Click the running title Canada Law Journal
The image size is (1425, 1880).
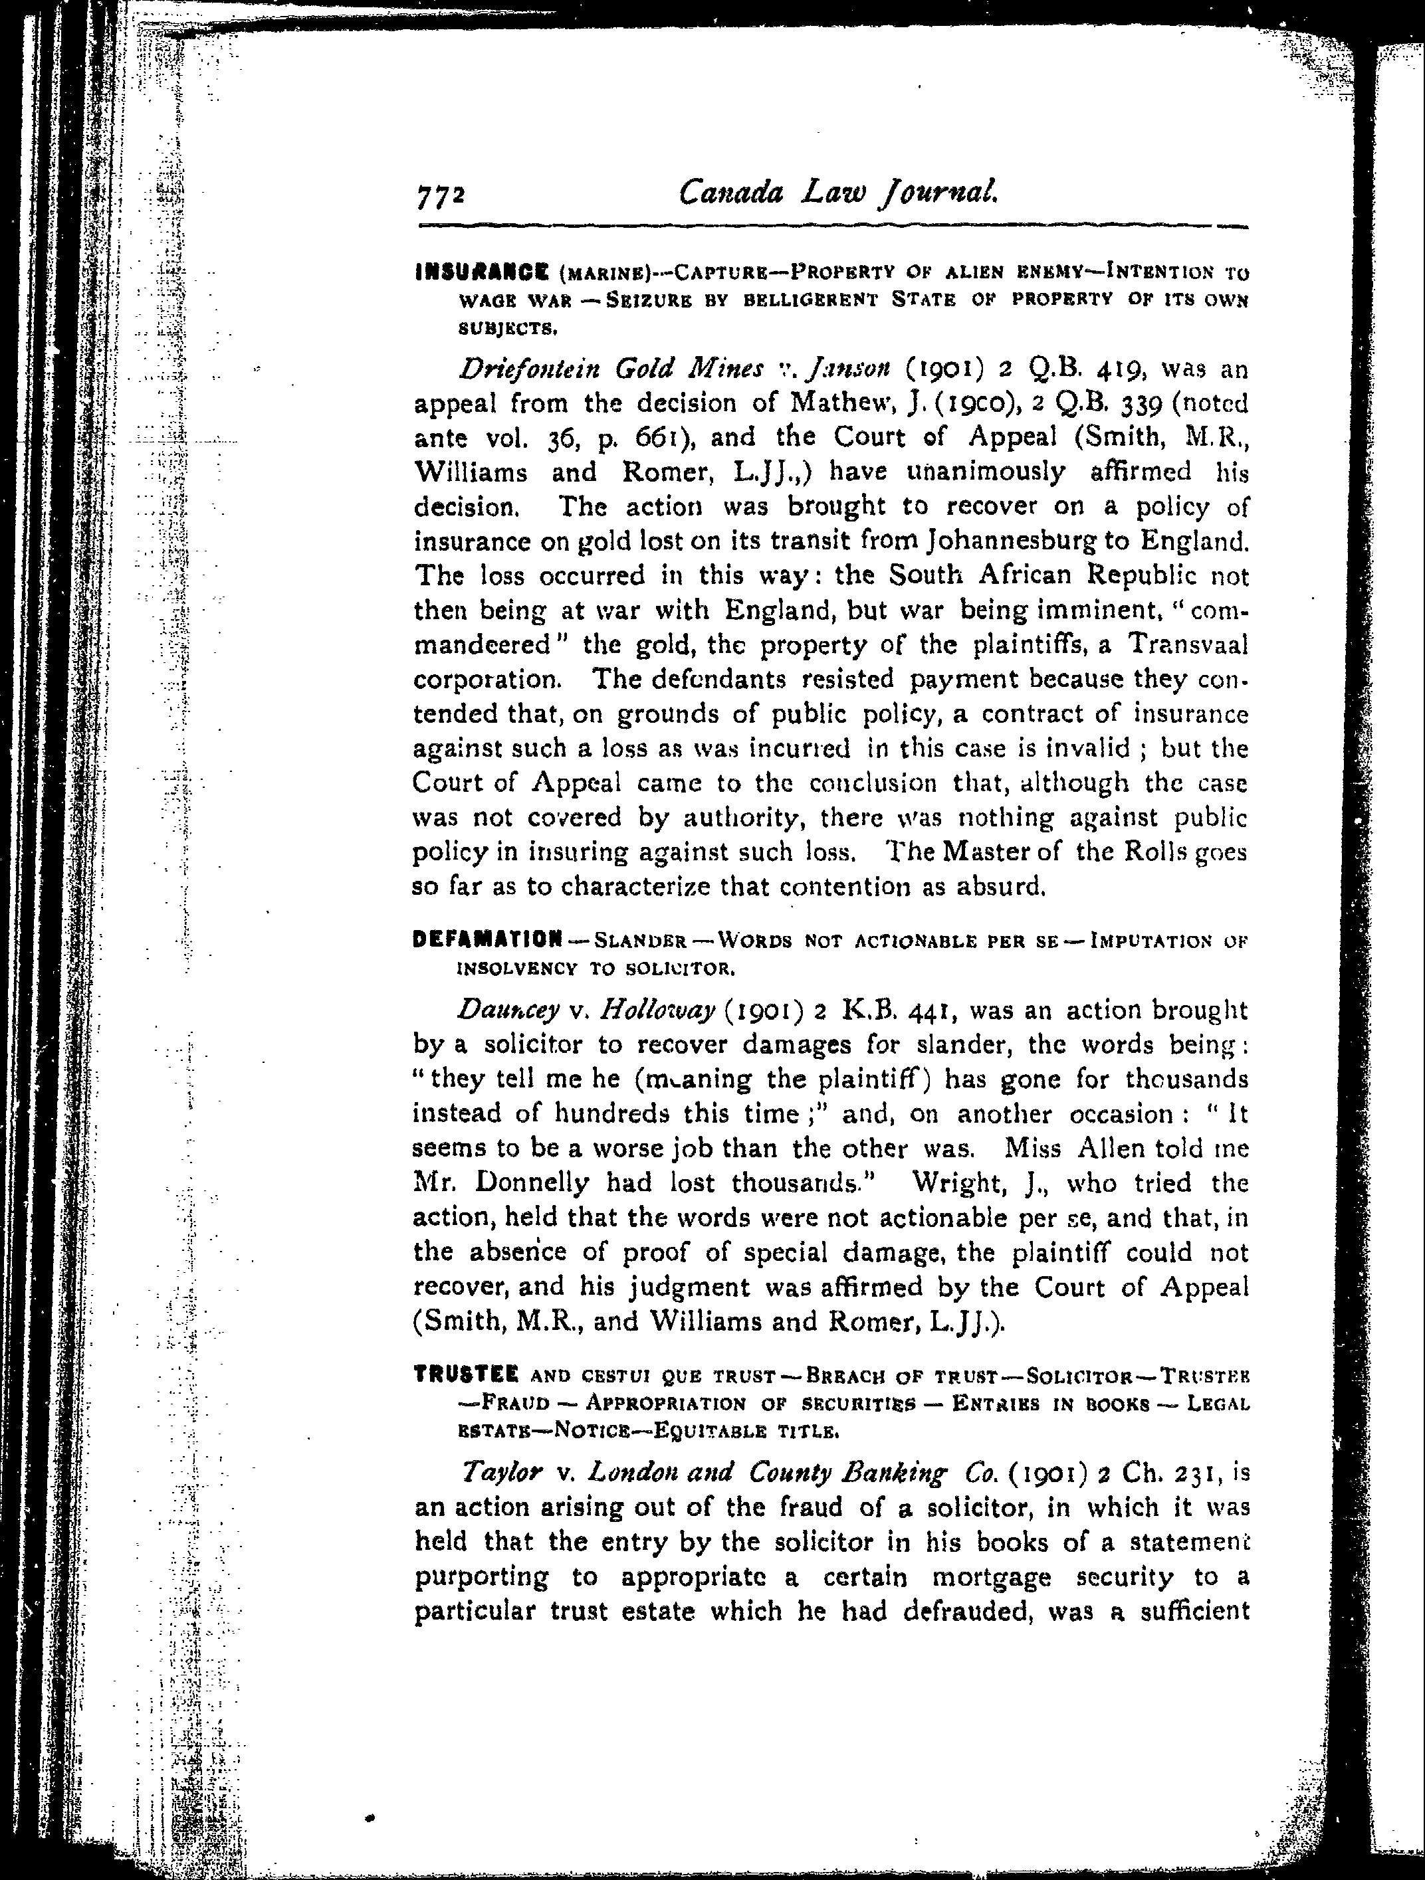click(837, 195)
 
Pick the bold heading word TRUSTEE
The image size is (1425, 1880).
click(467, 1376)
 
